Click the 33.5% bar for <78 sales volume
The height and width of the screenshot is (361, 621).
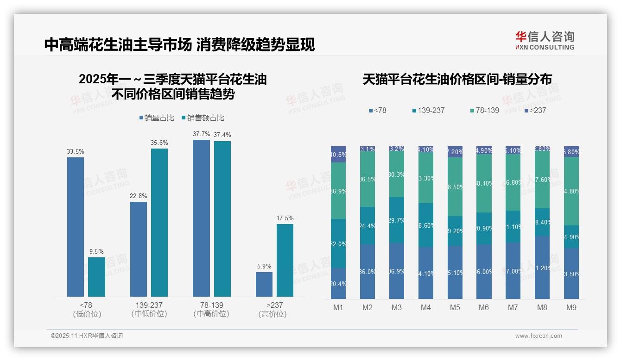pos(76,227)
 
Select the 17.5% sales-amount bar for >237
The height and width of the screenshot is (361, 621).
pos(285,260)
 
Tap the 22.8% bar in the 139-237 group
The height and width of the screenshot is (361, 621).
pos(139,249)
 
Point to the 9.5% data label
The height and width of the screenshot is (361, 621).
pos(96,252)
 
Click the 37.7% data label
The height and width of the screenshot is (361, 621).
pos(201,134)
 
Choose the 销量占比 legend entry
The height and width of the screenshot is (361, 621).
pos(157,118)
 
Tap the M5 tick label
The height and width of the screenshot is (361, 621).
pos(455,308)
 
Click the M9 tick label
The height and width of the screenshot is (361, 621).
pos(571,308)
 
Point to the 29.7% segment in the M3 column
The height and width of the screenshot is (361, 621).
pos(397,220)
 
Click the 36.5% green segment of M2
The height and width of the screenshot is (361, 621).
pos(368,179)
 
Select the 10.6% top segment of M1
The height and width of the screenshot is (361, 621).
pos(338,155)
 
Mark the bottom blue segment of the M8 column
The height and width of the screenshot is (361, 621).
pos(542,268)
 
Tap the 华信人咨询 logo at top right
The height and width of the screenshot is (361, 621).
pos(545,40)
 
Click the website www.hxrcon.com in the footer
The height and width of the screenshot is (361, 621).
pos(539,336)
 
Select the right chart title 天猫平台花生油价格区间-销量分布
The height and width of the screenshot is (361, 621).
pos(457,80)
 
